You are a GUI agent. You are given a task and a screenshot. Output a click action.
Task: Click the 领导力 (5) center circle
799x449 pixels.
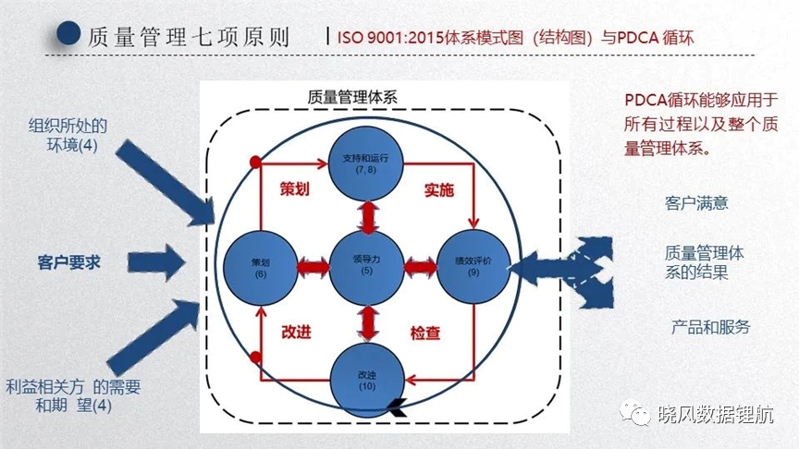[367, 268]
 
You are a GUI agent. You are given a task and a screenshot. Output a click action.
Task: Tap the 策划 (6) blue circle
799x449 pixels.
[261, 268]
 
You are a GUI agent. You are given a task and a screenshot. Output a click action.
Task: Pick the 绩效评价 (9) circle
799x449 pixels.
[473, 267]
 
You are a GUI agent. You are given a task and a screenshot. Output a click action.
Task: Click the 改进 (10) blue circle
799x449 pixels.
[367, 381]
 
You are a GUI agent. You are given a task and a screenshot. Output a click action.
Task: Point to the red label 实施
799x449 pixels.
[438, 190]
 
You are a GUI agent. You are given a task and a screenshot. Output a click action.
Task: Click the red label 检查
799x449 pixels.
[425, 333]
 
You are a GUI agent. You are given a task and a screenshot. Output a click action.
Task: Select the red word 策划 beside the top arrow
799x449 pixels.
[294, 188]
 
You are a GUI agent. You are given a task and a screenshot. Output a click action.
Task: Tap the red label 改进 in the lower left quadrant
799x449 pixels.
[296, 332]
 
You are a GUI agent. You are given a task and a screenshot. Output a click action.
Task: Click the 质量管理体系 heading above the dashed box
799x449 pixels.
[352, 97]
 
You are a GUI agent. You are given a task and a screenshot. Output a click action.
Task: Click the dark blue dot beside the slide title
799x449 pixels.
[68, 33]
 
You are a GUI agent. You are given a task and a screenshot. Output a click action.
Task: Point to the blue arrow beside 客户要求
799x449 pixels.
[156, 262]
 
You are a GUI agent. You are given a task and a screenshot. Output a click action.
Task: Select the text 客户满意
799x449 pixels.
[696, 203]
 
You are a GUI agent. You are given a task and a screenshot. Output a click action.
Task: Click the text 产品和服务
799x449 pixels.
[711, 326]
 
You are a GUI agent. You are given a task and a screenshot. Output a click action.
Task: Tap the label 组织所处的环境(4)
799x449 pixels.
[68, 136]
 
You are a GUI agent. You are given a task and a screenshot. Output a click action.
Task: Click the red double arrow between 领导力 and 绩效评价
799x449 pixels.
[421, 267]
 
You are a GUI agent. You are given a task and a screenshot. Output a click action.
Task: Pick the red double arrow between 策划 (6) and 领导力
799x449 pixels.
[313, 267]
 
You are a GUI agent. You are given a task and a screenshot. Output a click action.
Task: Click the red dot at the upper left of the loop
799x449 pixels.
[256, 163]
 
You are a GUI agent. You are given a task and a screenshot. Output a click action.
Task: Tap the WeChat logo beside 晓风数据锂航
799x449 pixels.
[635, 411]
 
